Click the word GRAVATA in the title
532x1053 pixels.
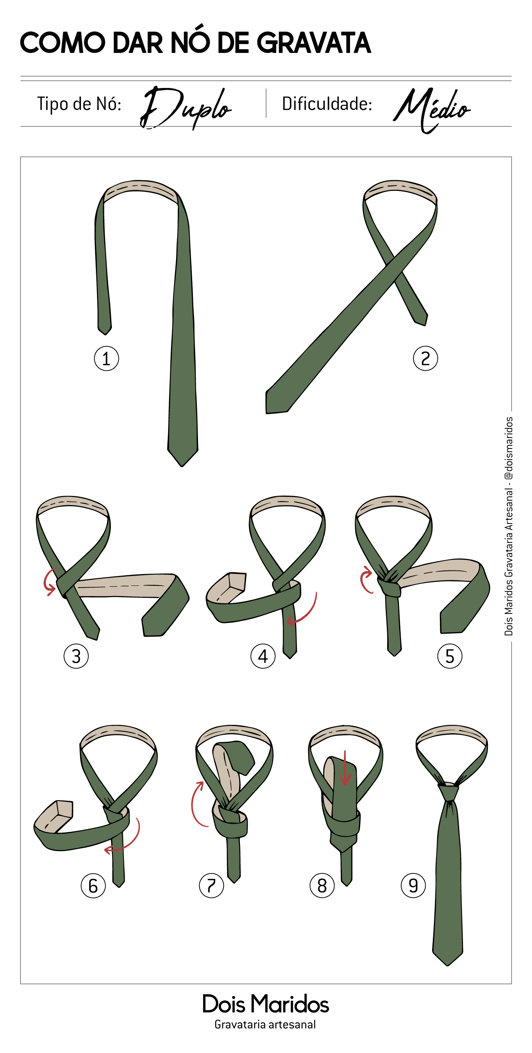click(x=314, y=43)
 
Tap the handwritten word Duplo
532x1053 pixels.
click(x=186, y=108)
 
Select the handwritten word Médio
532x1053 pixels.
click(x=432, y=109)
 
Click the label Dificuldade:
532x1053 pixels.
click(x=327, y=104)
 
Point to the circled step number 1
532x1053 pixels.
click(x=106, y=358)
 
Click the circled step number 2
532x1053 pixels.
click(x=426, y=358)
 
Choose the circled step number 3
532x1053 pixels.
click(x=76, y=656)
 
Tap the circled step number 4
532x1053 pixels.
click(x=263, y=656)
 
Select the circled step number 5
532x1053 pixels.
click(x=450, y=656)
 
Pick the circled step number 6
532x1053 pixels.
click(x=93, y=886)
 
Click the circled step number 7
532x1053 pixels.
click(x=211, y=886)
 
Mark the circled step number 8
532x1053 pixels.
click(x=322, y=886)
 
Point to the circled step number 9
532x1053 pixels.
click(x=413, y=886)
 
